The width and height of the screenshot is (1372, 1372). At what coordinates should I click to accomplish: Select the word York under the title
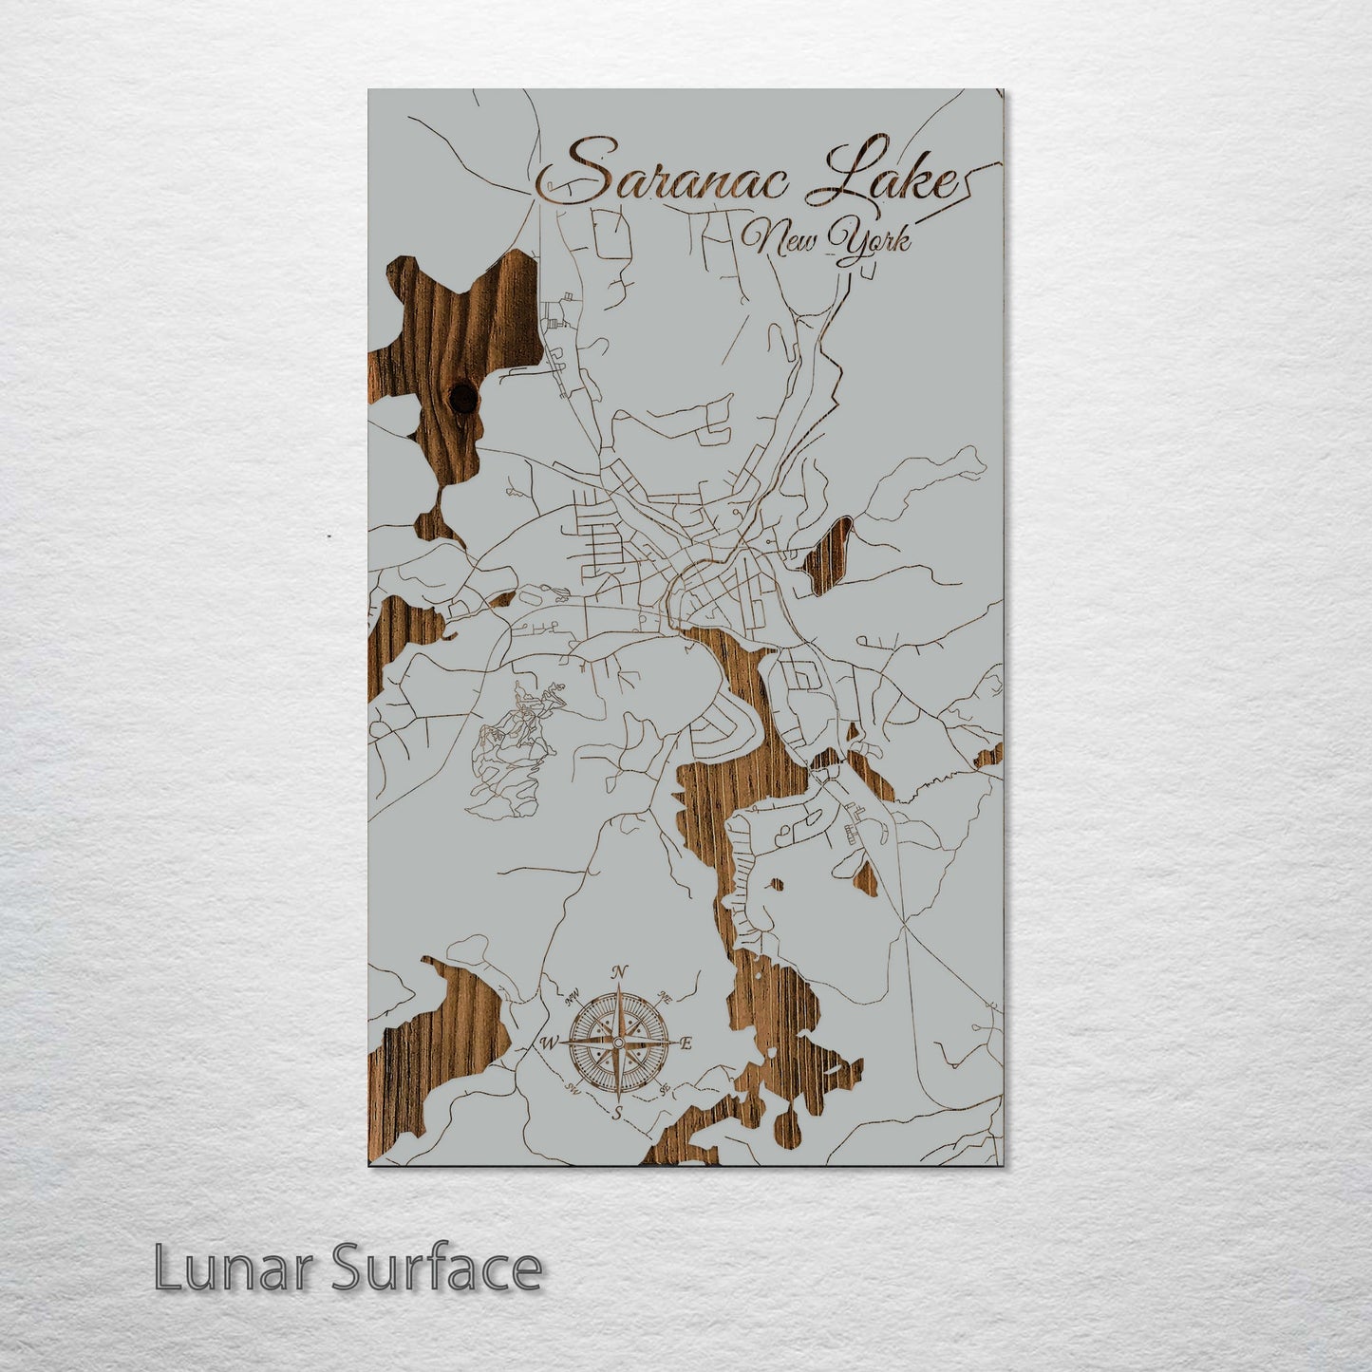(870, 243)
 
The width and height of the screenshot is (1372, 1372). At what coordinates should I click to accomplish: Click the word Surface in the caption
(436, 1269)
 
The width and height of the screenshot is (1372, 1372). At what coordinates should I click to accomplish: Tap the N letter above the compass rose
(619, 971)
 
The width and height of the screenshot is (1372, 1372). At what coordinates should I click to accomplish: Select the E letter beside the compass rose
(686, 1043)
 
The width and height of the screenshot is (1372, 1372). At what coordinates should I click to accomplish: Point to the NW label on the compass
(573, 998)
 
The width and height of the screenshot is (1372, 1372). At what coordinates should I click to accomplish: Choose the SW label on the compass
(573, 1088)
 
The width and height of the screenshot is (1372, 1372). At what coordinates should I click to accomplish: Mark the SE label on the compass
(665, 1089)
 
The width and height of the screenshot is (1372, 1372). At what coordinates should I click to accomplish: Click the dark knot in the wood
(464, 398)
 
